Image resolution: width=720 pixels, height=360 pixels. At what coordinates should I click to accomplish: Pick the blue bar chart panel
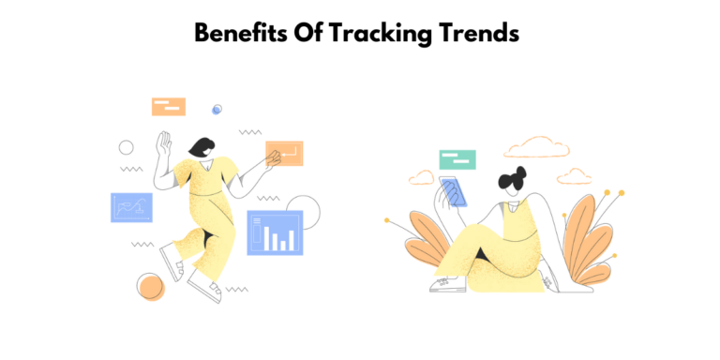point(275,232)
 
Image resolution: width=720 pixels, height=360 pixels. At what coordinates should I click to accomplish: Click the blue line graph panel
point(131,207)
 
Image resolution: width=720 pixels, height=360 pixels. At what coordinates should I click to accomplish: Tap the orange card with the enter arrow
point(284,153)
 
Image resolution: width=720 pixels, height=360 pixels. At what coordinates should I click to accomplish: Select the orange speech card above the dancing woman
point(169,107)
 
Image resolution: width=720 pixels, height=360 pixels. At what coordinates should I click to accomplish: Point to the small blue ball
point(217,110)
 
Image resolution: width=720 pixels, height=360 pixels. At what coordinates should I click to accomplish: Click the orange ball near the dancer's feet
point(150,286)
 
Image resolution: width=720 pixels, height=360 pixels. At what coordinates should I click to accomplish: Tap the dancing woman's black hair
point(201,147)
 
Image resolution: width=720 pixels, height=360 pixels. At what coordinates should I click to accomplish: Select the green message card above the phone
point(457,159)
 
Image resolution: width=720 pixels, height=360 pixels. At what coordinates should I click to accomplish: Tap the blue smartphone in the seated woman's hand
point(454,191)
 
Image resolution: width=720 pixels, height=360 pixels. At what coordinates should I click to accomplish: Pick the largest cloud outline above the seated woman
point(536,146)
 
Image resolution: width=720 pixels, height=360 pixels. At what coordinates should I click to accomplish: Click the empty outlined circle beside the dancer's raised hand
point(126,147)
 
